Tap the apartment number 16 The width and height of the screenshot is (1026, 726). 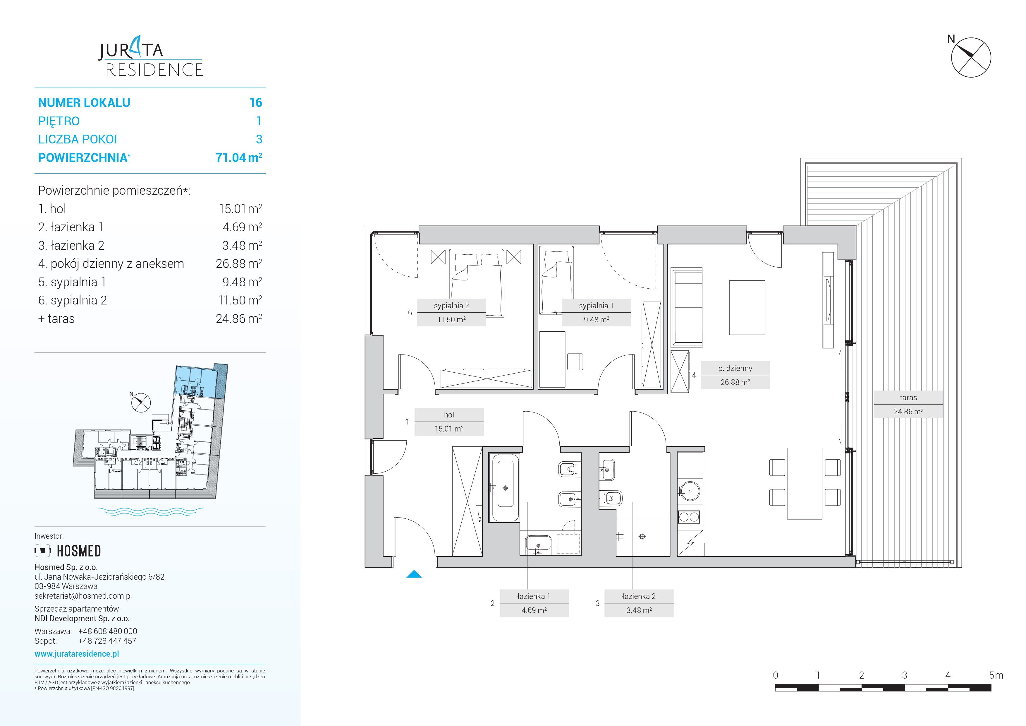click(x=256, y=103)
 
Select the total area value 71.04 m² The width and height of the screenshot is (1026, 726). click(x=239, y=157)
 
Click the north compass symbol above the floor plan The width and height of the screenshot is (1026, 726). click(x=971, y=57)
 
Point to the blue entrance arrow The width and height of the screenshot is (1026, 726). click(x=414, y=574)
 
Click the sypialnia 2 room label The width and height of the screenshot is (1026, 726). click(x=451, y=312)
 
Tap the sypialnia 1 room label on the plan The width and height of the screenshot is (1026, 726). click(x=596, y=312)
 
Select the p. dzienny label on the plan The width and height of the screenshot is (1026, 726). click(x=735, y=375)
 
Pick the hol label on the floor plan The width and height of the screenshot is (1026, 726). click(x=449, y=422)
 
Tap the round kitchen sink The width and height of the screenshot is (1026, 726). click(x=690, y=491)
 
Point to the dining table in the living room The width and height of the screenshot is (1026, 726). click(x=804, y=484)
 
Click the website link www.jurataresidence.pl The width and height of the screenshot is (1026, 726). click(x=77, y=654)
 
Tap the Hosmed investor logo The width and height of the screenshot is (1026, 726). click(x=68, y=551)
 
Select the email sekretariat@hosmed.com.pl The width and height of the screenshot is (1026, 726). click(x=83, y=596)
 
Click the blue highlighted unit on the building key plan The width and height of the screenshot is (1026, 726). click(x=196, y=381)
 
